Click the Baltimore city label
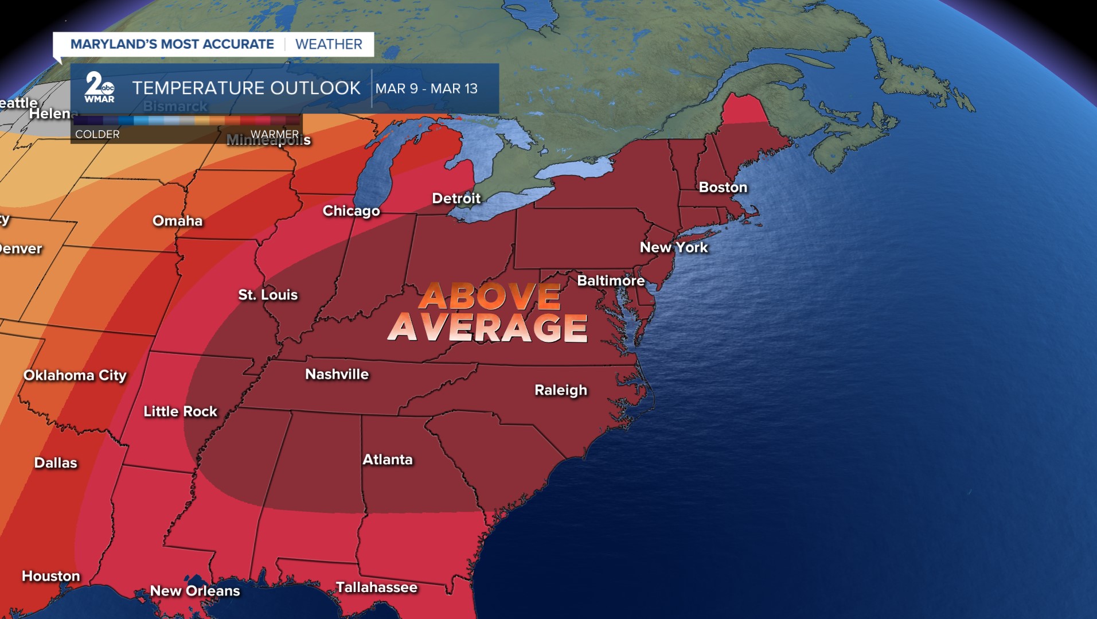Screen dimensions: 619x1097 coord(611,281)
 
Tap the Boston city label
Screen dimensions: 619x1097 coord(723,187)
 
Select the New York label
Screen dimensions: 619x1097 coord(674,247)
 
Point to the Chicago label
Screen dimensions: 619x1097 coord(351,211)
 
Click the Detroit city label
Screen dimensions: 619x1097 coord(456,198)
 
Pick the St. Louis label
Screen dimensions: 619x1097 coord(268,295)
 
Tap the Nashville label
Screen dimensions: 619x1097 coord(337,374)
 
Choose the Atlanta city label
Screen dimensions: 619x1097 coord(387,460)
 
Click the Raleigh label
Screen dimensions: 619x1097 coord(560,390)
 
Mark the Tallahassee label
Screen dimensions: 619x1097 coord(376,587)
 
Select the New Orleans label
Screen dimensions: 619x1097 coord(194,591)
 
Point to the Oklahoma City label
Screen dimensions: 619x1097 coord(75,375)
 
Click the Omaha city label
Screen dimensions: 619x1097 coord(177,221)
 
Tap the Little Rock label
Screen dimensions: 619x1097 coord(180,411)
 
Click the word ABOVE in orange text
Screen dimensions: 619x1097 coord(489,296)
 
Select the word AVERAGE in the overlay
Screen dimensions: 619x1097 coord(487,328)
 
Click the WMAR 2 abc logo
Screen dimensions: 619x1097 coord(99,88)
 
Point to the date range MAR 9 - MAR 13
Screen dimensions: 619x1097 coord(426,88)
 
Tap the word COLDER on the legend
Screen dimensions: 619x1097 coord(97,134)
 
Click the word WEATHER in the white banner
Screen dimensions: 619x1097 coord(329,44)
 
